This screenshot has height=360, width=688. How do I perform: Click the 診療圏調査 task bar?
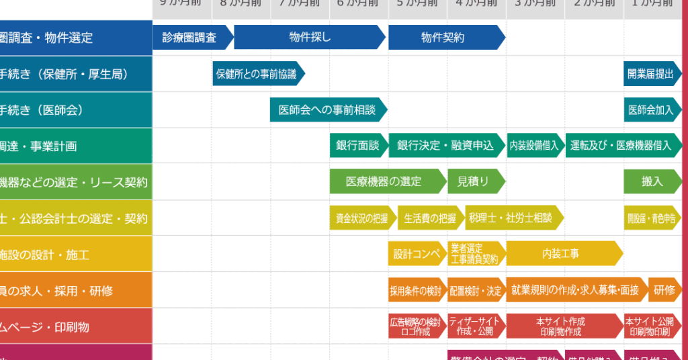(191, 38)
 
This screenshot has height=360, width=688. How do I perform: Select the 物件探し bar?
(309, 38)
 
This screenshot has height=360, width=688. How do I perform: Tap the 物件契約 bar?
(443, 38)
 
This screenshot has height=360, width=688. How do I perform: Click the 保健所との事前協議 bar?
(257, 74)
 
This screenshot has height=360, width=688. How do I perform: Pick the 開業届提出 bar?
(650, 74)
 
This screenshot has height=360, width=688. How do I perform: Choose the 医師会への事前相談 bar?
(327, 110)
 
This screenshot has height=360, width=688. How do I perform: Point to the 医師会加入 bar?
(650, 110)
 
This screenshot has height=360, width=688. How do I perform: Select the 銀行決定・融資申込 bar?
(445, 146)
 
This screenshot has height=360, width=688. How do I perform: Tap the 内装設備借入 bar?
(534, 146)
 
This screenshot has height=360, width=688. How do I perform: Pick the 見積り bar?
(474, 181)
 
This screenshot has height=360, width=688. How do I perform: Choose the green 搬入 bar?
(651, 181)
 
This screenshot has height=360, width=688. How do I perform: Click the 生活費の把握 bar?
(429, 218)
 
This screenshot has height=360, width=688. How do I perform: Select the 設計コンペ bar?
(416, 254)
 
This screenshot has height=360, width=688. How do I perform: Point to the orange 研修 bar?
(664, 290)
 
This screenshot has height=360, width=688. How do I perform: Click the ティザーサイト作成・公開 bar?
(475, 326)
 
